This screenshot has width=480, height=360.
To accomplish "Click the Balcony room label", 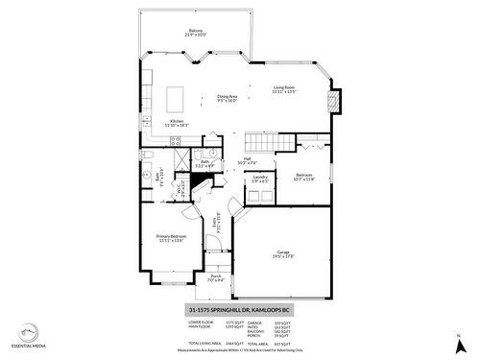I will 195,32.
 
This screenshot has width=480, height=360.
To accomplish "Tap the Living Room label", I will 284,90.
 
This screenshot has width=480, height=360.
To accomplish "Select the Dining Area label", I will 228,98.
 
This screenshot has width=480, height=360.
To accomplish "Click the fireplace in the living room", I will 333,101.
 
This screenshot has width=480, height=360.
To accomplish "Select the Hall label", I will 247,160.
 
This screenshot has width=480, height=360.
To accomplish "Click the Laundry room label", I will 259,179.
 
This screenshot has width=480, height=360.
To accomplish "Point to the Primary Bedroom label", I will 171,237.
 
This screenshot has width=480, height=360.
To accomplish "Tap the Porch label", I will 216,278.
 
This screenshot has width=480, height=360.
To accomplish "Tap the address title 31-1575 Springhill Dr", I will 238,311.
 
